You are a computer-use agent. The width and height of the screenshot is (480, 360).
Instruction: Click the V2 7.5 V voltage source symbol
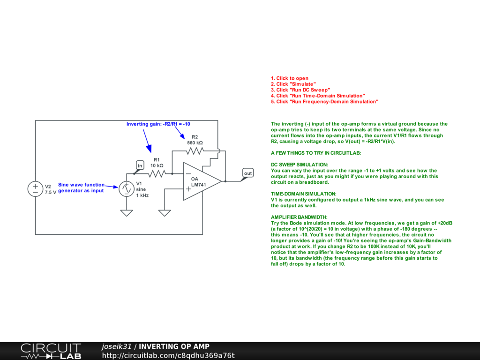point(35,189)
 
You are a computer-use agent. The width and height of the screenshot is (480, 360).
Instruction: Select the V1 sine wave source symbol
point(126,189)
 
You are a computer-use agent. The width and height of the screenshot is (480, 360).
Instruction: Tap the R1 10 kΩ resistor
point(157,173)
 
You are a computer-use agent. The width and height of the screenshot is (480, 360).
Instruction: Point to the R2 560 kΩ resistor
point(195,150)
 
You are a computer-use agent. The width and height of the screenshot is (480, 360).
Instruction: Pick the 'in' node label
point(140,165)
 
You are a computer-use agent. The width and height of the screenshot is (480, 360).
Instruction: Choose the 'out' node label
point(247,173)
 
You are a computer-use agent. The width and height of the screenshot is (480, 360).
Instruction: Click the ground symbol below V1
point(126,213)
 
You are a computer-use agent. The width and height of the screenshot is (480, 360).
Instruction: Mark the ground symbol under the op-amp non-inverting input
point(164,213)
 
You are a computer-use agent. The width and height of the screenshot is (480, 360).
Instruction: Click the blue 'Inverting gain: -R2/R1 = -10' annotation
point(158,124)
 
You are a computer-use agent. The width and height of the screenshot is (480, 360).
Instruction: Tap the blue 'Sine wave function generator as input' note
point(81,187)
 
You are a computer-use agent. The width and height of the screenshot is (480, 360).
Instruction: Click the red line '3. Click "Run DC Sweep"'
point(300,90)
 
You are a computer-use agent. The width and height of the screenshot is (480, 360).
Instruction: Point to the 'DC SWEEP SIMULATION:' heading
point(299,165)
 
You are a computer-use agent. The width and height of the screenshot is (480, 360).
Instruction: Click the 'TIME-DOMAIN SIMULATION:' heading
point(303,194)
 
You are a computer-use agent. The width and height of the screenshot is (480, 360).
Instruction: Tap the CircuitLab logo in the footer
point(51,351)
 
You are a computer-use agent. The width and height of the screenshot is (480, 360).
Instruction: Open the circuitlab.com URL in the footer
point(168,355)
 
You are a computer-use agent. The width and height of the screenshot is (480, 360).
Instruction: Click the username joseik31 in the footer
point(117,347)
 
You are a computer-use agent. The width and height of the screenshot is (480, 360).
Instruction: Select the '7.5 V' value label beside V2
point(51,192)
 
